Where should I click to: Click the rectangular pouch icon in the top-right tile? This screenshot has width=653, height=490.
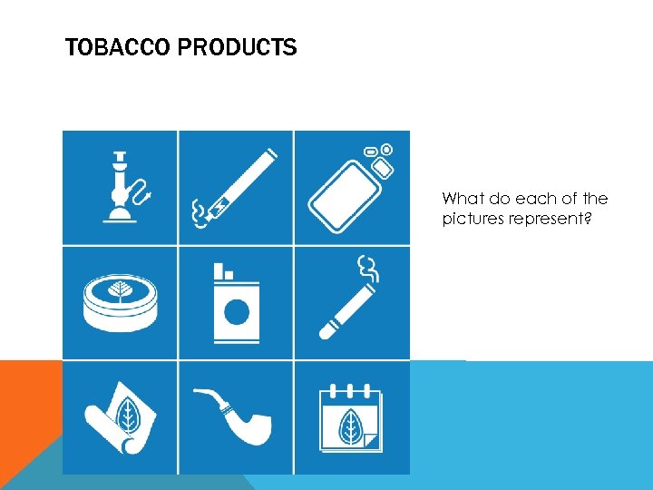349,189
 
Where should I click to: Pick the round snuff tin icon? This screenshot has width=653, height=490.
120,303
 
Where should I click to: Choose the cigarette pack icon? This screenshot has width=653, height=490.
236,304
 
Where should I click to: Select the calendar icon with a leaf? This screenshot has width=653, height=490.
351,418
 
